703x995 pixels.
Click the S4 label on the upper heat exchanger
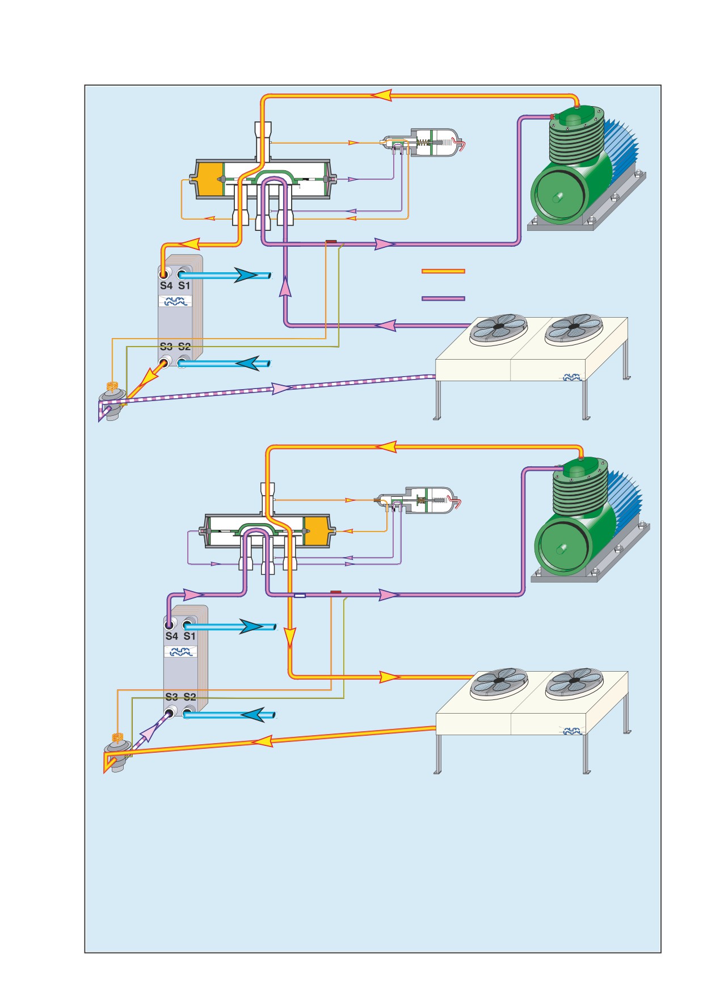[166, 285]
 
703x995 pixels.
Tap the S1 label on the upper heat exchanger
[184, 285]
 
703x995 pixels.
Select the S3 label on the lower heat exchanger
[171, 697]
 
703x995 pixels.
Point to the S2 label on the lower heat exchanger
[190, 697]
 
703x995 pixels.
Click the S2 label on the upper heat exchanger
[184, 346]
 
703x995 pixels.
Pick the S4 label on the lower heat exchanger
[171, 636]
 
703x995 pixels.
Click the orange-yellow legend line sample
[443, 271]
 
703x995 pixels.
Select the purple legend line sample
[443, 298]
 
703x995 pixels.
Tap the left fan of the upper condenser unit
[498, 329]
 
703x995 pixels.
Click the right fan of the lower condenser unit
[574, 683]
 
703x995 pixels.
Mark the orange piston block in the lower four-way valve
[317, 532]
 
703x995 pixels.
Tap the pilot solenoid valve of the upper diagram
[423, 142]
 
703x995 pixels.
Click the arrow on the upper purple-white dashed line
[281, 388]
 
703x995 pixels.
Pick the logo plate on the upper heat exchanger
[175, 302]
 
